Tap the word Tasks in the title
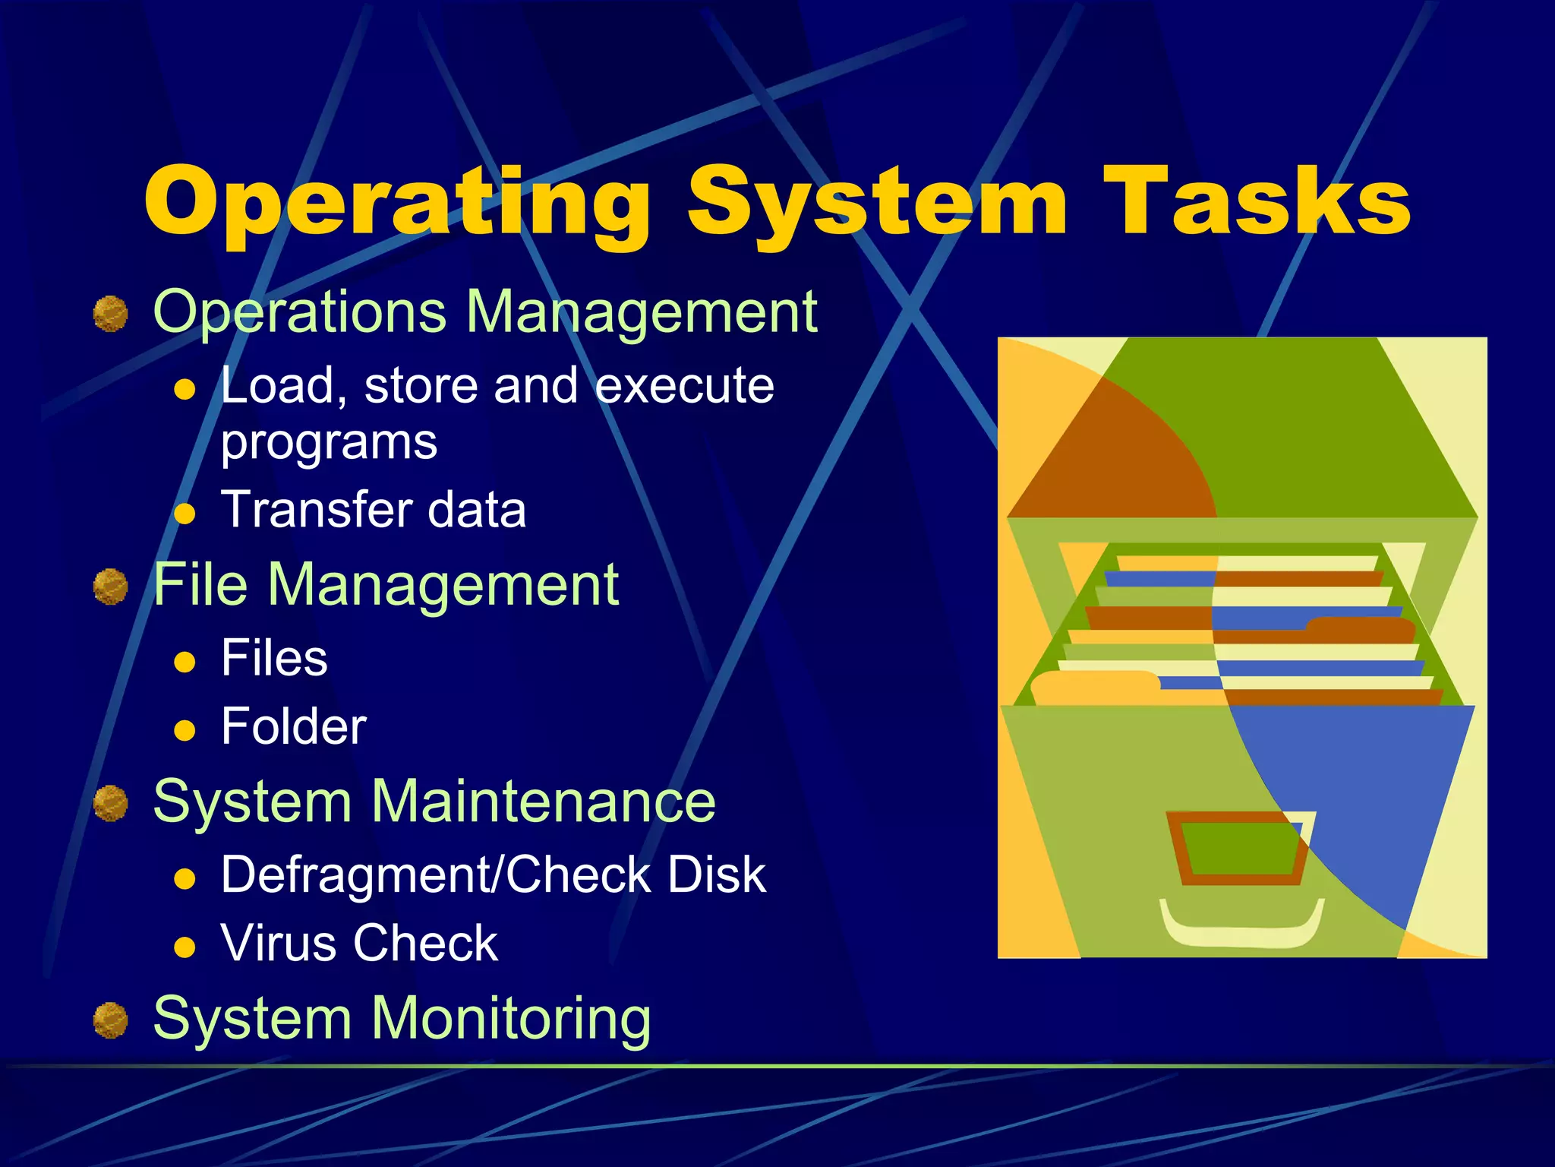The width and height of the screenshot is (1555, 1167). tap(1256, 201)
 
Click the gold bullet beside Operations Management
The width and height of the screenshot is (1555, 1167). tap(111, 314)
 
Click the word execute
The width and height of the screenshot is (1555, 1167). tap(684, 386)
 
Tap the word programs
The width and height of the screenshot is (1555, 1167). tap(329, 442)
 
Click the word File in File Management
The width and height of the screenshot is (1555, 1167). tap(200, 585)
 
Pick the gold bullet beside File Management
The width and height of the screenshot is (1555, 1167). tap(111, 587)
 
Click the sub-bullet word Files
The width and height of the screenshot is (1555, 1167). tap(274, 658)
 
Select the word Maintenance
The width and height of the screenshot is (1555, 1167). tap(544, 802)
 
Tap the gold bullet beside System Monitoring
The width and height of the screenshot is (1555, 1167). tap(111, 1020)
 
